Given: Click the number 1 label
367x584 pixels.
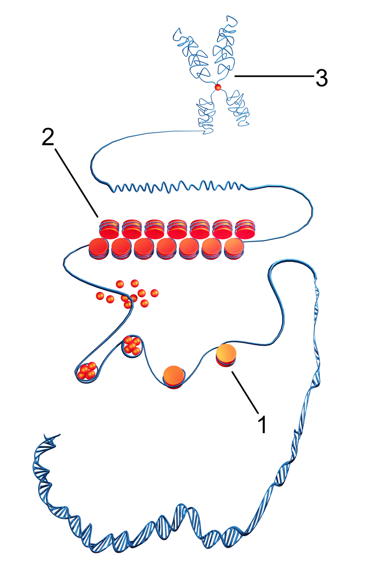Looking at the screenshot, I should click(x=262, y=424).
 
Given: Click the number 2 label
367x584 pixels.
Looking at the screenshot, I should click(x=48, y=137).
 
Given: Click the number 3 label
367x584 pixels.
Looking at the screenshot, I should click(x=322, y=78).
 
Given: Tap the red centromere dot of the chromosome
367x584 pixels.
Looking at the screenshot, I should click(x=218, y=88).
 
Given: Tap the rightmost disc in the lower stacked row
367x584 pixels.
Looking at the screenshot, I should click(x=234, y=249).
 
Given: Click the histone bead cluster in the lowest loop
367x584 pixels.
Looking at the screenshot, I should click(x=88, y=371).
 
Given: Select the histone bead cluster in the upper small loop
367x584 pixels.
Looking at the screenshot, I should click(x=132, y=345).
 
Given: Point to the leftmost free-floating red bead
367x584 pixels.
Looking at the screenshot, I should click(x=100, y=296).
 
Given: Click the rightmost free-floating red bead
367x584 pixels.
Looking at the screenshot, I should click(x=154, y=293).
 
